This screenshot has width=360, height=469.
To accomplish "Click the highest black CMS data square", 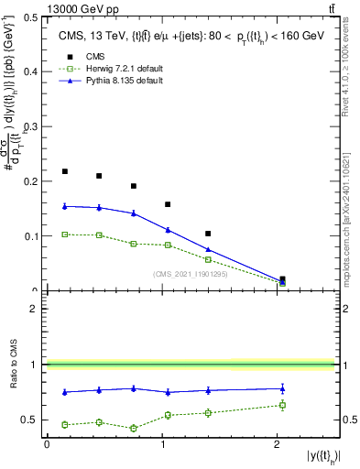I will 64,171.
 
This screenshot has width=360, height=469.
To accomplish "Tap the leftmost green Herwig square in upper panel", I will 64,234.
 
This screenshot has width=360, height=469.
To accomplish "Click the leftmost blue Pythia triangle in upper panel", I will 64,206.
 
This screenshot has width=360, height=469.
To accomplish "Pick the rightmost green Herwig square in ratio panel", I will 282,405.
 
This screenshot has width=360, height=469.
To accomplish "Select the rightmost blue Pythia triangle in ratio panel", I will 282,388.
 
